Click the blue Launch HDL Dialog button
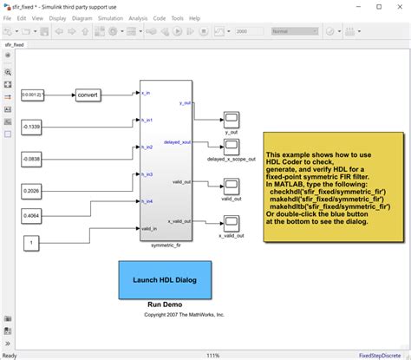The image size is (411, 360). [164, 279]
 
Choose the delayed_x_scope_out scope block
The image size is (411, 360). [232, 145]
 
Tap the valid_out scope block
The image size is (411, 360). [232, 185]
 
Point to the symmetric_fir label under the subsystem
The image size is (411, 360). [165, 245]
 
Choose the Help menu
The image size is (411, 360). [195, 16]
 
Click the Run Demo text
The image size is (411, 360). [164, 305]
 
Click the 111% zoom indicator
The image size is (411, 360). [212, 355]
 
